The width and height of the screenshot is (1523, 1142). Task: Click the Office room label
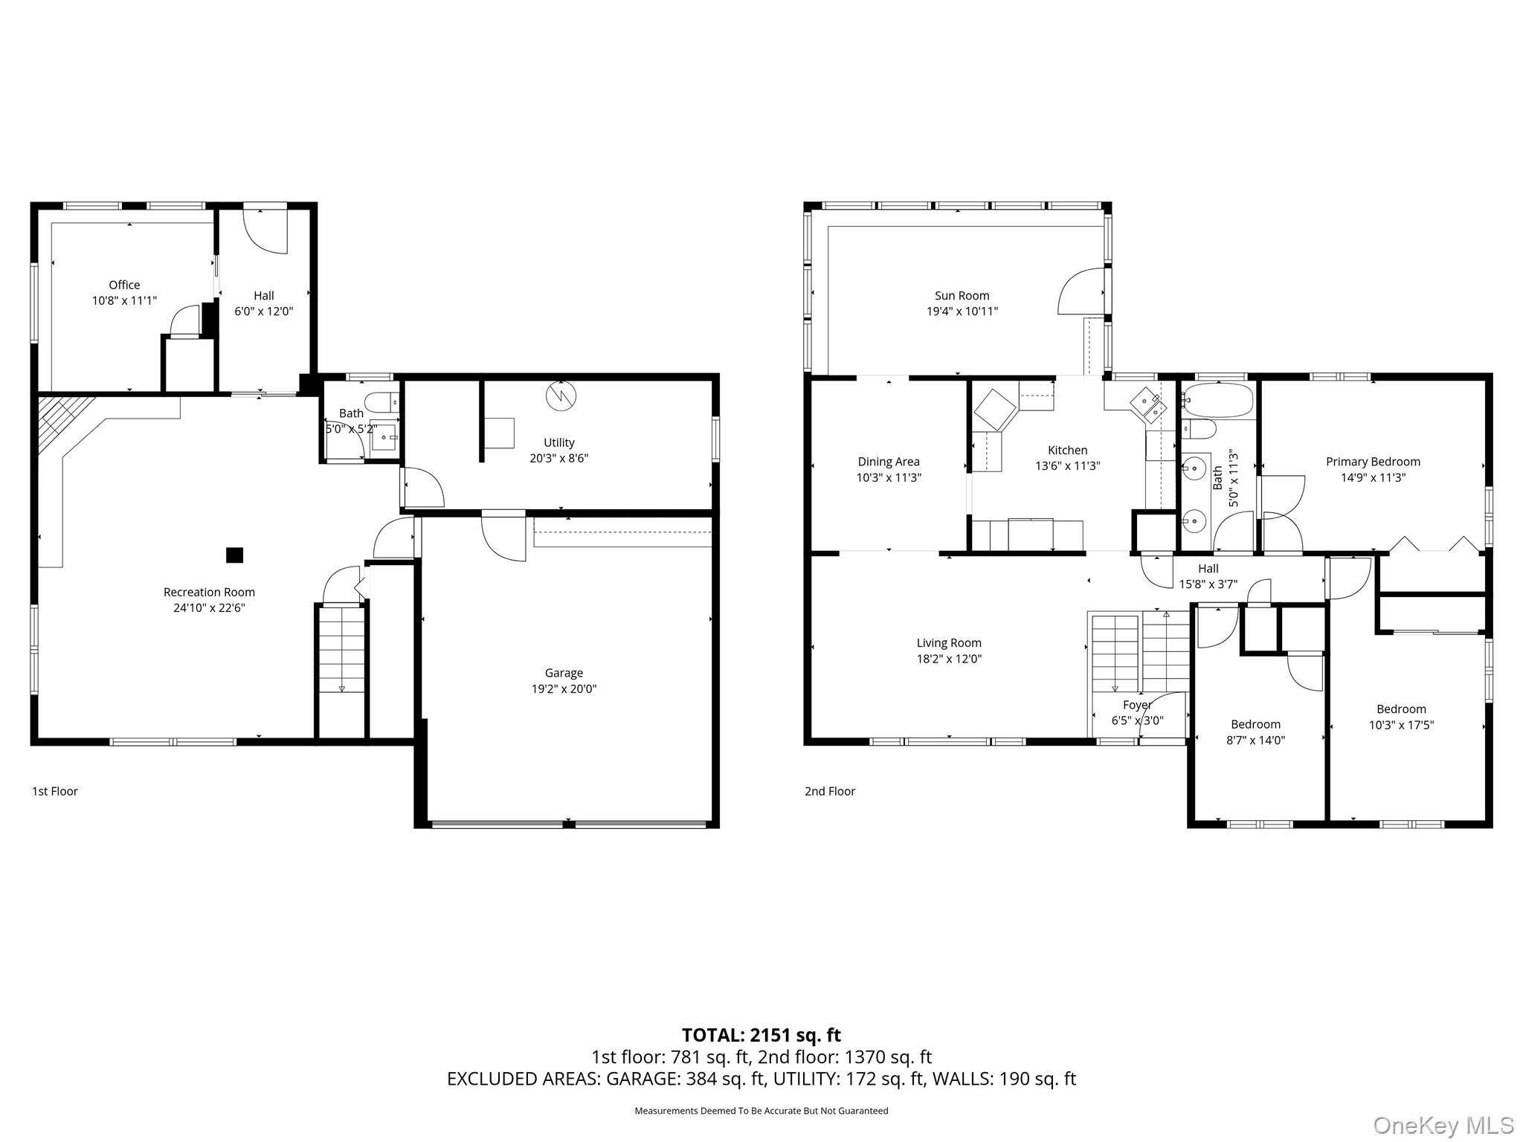(x=124, y=285)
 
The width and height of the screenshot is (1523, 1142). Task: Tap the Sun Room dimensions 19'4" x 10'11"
(x=962, y=312)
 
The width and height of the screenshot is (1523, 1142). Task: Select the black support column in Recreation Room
(x=234, y=555)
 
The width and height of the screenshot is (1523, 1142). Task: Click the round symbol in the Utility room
(x=561, y=396)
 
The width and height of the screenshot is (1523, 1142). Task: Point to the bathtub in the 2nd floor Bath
(x=1217, y=401)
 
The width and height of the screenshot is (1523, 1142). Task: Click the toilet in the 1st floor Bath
(x=384, y=402)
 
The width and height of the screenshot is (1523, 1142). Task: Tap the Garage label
(x=564, y=673)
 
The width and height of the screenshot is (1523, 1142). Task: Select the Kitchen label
(x=1067, y=450)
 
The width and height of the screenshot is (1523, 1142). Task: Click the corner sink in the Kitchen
(x=1147, y=404)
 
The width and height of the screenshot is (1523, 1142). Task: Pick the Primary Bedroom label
(x=1373, y=462)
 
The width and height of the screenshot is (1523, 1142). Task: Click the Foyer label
(x=1137, y=705)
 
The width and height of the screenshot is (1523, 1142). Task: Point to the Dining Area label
(x=889, y=462)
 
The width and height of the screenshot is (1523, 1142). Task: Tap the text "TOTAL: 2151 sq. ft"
(x=761, y=1035)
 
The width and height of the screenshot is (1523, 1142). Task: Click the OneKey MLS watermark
(x=1443, y=1126)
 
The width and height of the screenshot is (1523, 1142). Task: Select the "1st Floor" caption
(x=54, y=791)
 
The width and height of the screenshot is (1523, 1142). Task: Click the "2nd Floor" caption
(x=830, y=791)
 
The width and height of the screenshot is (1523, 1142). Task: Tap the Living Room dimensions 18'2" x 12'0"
(x=949, y=659)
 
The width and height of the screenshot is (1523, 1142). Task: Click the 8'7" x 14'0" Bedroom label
(x=1255, y=724)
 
